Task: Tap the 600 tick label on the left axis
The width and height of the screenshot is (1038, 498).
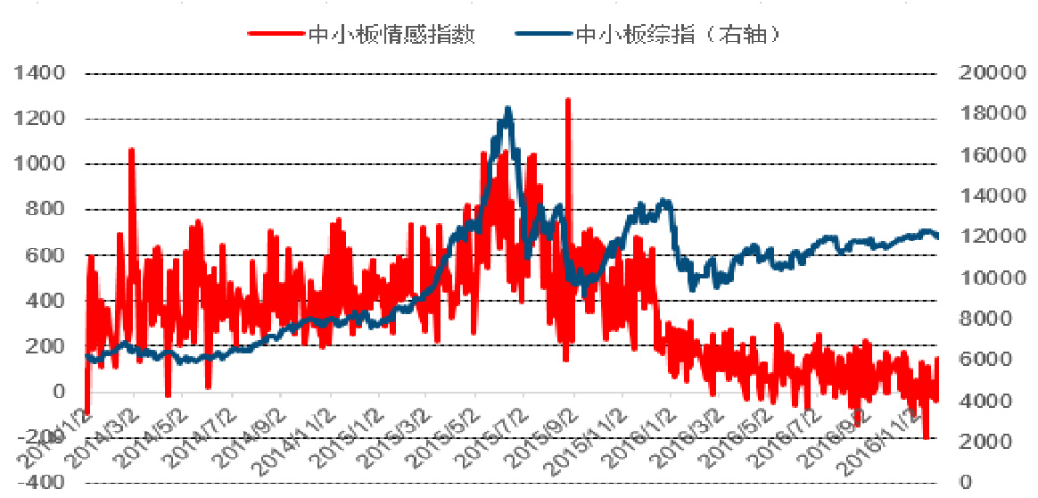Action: (x=47, y=255)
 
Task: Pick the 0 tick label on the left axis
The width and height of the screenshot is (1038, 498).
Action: (x=59, y=392)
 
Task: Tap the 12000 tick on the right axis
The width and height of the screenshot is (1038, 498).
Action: (x=987, y=237)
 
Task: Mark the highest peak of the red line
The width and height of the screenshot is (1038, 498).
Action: (x=567, y=100)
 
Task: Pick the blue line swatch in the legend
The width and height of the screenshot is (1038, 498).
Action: (x=543, y=35)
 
